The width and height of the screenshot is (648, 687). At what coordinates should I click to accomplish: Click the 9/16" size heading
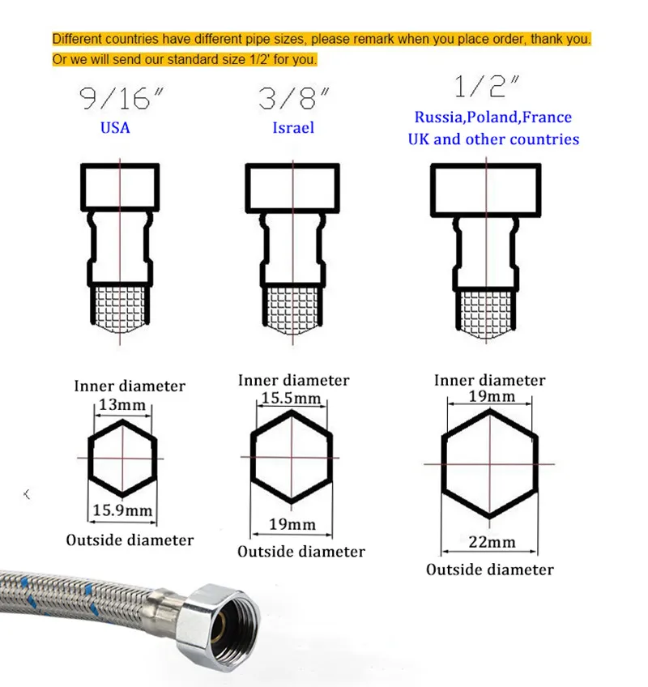click(122, 98)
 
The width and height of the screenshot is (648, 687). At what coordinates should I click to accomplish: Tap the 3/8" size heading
click(293, 98)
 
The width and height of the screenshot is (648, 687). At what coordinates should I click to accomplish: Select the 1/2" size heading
click(487, 86)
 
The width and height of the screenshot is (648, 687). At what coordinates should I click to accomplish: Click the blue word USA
click(115, 127)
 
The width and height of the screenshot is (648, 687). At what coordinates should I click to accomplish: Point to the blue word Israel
click(293, 127)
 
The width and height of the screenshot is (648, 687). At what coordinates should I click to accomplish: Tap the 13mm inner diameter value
click(122, 404)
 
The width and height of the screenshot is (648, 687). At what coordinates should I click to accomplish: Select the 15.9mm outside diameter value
click(122, 510)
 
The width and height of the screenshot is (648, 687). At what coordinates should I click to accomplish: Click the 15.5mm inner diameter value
click(292, 398)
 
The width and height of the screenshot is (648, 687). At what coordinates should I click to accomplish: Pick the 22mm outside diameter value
click(492, 542)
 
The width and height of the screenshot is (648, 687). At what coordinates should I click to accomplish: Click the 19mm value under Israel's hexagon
click(292, 524)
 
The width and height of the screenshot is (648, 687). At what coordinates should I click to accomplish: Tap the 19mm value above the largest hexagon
click(492, 396)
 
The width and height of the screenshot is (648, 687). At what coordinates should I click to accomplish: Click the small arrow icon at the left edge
click(27, 494)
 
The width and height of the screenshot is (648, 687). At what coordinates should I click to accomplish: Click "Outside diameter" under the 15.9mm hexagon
click(130, 540)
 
